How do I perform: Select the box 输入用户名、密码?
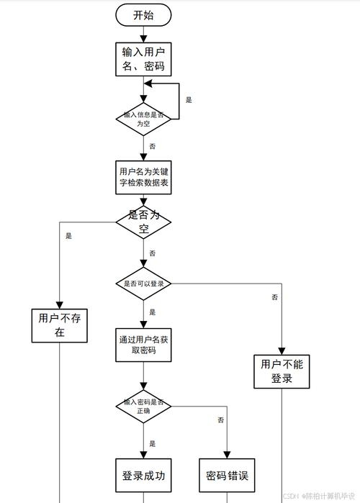coord(144,59)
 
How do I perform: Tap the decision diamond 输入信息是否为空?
coord(144,119)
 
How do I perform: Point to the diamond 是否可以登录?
coord(144,284)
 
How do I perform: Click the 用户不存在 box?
coord(60,325)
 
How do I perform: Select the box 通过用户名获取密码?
coord(144,345)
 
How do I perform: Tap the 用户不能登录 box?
coord(282,371)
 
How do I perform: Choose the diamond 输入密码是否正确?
coord(144,407)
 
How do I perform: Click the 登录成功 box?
coord(144,476)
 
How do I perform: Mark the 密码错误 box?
coord(228,476)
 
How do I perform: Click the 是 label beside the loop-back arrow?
coord(189,100)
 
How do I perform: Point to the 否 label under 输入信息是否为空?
coord(153,146)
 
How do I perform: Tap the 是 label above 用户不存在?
coord(68,235)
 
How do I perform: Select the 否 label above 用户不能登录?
coord(275,296)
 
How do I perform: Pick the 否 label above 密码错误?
coord(220,420)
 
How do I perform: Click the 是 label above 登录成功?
coord(153,443)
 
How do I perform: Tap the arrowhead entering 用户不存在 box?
coord(60,305)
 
